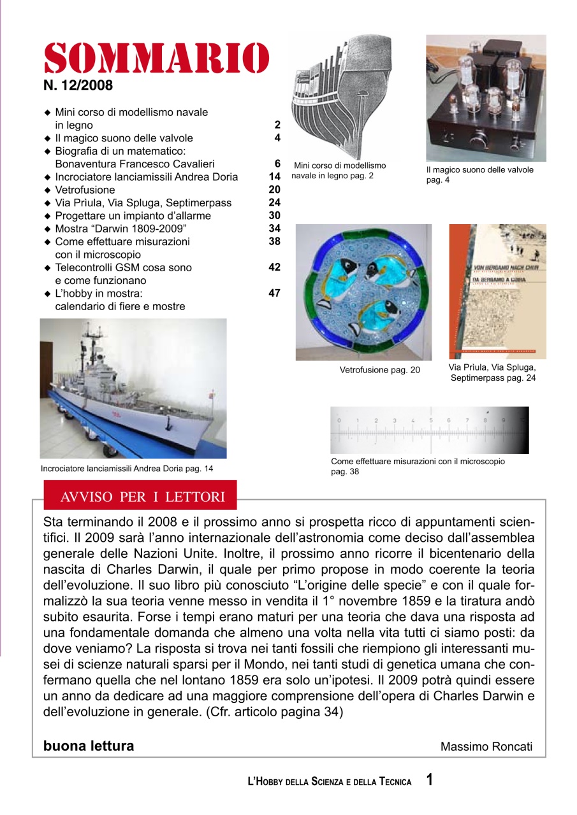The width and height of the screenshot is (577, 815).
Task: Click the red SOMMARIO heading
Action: [156, 59]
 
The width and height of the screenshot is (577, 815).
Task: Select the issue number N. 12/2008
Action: [78, 85]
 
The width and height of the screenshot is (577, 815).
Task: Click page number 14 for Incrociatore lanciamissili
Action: [275, 177]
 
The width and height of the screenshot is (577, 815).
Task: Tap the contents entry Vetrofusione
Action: [85, 190]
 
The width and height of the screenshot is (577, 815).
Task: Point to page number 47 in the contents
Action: [275, 294]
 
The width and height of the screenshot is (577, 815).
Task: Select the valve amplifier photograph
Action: [486, 98]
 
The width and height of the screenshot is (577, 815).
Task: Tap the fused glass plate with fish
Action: [363, 292]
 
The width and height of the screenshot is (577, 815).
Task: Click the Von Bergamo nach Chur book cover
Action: [497, 292]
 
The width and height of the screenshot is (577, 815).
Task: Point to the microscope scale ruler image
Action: [429, 430]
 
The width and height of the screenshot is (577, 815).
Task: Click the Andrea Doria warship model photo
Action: [133, 388]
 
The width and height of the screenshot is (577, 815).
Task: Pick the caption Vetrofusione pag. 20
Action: [379, 370]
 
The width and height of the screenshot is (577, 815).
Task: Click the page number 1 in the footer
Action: [430, 780]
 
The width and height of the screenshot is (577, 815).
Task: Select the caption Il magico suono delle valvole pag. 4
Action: [479, 175]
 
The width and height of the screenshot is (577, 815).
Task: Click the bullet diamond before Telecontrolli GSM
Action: [47, 268]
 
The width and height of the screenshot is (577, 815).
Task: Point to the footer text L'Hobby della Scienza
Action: [329, 782]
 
